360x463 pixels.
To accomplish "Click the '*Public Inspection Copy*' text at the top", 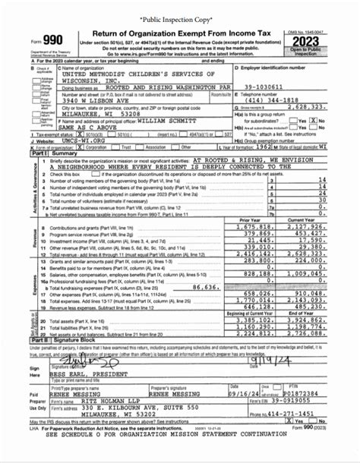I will click(180, 14).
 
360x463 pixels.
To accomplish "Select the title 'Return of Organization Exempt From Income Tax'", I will click(173, 33).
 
